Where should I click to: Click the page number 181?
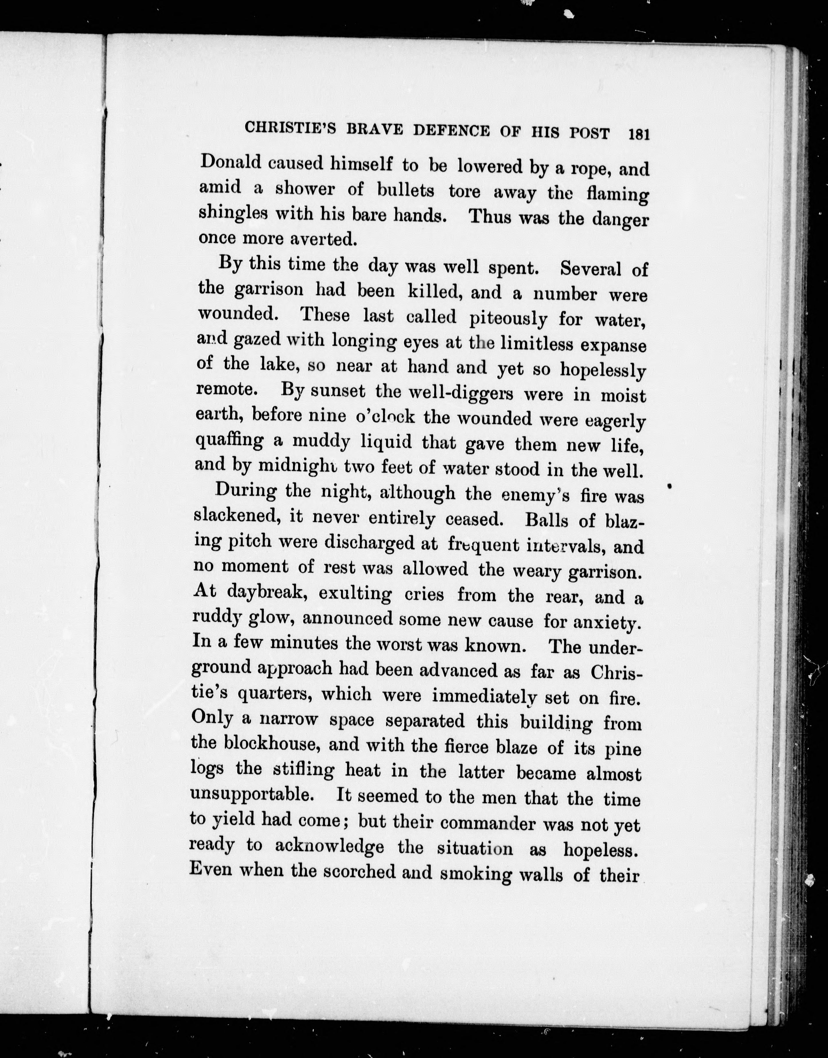[x=638, y=134]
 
